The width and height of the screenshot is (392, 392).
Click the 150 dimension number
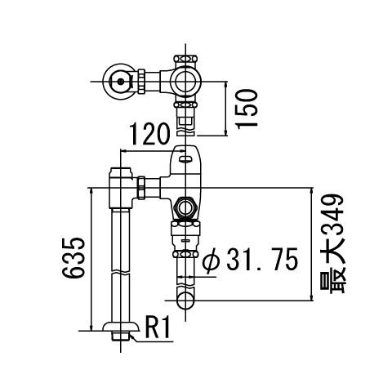point(247,109)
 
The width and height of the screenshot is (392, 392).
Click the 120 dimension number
point(149,134)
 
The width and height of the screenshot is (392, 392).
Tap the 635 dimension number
point(73,257)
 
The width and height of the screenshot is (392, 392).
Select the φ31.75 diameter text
point(251,259)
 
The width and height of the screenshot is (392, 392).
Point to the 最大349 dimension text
point(332,244)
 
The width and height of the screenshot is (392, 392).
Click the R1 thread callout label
point(158,327)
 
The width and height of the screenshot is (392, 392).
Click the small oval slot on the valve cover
point(185,158)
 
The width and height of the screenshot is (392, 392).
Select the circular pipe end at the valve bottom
point(185,301)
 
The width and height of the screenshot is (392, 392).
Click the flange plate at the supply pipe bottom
point(121,327)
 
